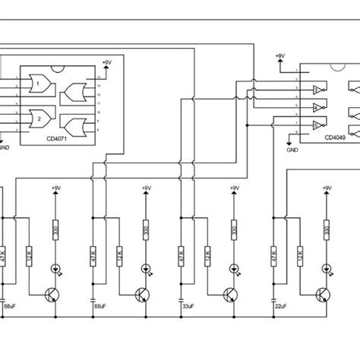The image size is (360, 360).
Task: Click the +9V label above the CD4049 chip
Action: tap(281, 56)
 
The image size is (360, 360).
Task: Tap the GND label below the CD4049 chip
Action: tap(293, 150)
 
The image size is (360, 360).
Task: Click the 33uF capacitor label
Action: tap(188, 306)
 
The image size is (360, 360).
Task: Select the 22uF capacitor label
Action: tap(279, 306)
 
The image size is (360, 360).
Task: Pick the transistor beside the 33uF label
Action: tap(229, 293)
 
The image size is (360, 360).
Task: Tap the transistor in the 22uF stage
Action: tap(323, 293)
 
